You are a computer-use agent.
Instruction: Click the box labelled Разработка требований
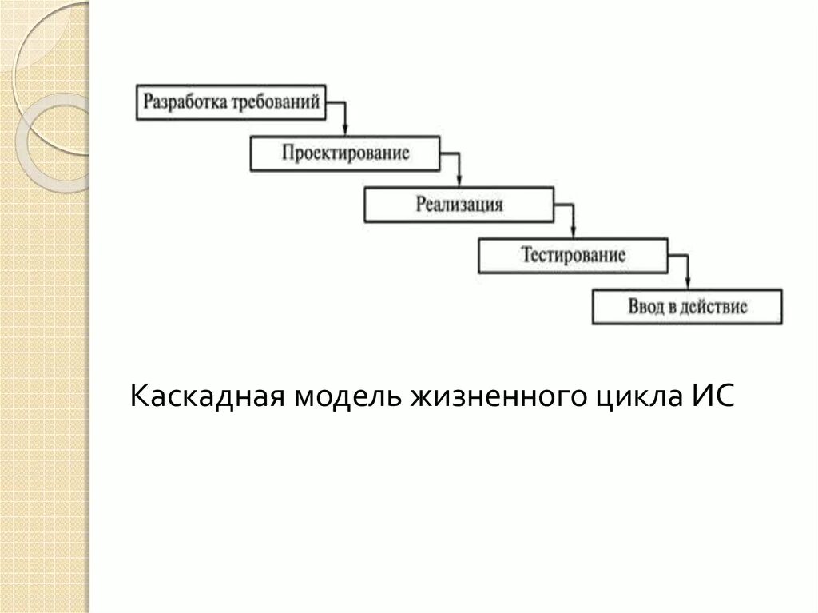(232, 102)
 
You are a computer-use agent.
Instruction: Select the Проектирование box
(345, 153)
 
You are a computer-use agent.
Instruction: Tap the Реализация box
(459, 204)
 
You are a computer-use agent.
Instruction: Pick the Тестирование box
(572, 255)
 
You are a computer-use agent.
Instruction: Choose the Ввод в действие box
(687, 306)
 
